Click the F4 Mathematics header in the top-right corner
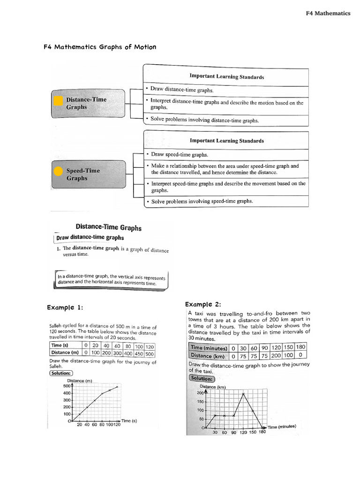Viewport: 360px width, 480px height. (328, 13)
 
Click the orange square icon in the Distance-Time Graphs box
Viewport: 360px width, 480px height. (58, 101)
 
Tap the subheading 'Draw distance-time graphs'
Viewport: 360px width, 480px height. (90, 238)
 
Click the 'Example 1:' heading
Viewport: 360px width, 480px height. (65, 307)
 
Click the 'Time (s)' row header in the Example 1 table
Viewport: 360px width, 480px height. (60, 346)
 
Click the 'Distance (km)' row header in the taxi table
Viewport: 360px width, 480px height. (208, 356)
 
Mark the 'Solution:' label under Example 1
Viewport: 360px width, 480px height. (61, 373)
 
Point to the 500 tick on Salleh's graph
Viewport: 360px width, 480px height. (66, 386)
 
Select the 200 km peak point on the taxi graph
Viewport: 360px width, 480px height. (243, 393)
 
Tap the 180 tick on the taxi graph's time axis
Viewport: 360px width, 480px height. (262, 432)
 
